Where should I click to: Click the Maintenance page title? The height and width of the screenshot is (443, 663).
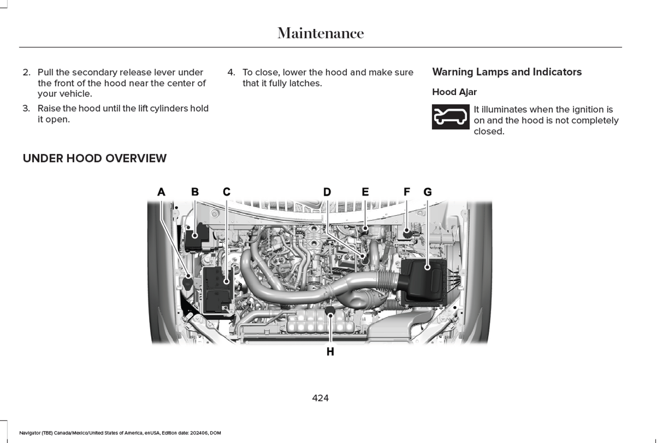pyautogui.click(x=320, y=33)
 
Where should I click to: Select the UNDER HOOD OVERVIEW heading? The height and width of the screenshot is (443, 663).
pyautogui.click(x=95, y=158)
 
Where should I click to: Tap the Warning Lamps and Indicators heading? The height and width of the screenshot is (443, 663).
pyautogui.click(x=507, y=72)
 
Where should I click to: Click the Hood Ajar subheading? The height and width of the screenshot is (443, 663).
pyautogui.click(x=454, y=92)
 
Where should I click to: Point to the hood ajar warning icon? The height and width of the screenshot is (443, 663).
pyautogui.click(x=451, y=117)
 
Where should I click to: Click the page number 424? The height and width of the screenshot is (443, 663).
pyautogui.click(x=320, y=398)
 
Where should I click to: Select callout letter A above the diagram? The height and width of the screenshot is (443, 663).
pyautogui.click(x=161, y=192)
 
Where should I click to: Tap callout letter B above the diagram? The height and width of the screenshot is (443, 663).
pyautogui.click(x=195, y=192)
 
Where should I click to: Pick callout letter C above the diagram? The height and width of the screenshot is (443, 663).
pyautogui.click(x=227, y=192)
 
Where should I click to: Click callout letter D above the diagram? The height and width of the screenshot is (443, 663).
pyautogui.click(x=327, y=192)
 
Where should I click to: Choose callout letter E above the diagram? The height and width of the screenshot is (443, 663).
pyautogui.click(x=365, y=192)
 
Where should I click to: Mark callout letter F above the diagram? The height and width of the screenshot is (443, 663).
pyautogui.click(x=407, y=192)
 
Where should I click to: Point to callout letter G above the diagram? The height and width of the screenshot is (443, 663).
pyautogui.click(x=427, y=192)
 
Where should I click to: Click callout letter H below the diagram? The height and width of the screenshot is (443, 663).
pyautogui.click(x=330, y=352)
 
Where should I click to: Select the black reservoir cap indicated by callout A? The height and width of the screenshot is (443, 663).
pyautogui.click(x=188, y=282)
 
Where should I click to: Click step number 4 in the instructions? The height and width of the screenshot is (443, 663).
pyautogui.click(x=231, y=73)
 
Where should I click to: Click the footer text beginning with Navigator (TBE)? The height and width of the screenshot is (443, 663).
pyautogui.click(x=120, y=433)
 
